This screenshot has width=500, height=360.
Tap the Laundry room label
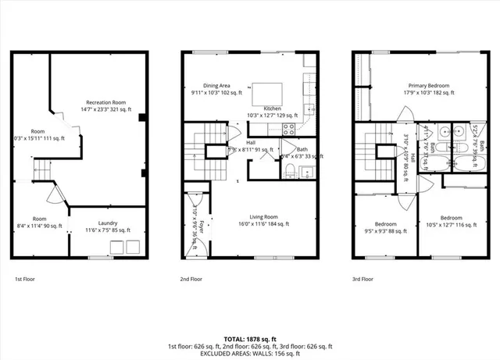tap(108, 227)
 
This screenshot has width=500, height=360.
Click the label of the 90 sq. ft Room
tap(40, 223)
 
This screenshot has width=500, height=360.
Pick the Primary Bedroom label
tap(430, 89)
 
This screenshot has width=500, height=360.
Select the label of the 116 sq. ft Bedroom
tap(449, 221)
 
